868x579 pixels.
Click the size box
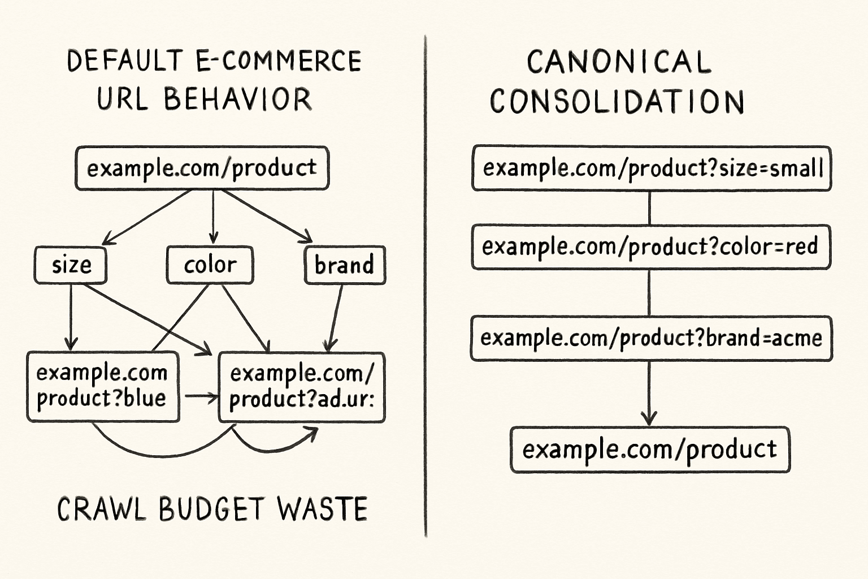(x=71, y=265)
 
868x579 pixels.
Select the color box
(x=210, y=265)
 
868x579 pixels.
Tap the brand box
(x=345, y=265)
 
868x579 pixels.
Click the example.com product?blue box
(x=103, y=387)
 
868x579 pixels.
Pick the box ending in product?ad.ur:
(x=302, y=387)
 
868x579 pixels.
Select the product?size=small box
(x=652, y=168)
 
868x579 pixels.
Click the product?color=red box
(x=651, y=247)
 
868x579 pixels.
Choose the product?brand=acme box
(x=652, y=339)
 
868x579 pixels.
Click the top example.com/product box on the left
(x=202, y=168)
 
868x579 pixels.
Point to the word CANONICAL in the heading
(x=619, y=62)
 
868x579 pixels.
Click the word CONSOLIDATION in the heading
(x=617, y=101)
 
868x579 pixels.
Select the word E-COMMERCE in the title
(x=279, y=61)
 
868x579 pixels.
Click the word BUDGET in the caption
(x=212, y=509)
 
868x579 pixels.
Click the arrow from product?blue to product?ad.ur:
(x=202, y=397)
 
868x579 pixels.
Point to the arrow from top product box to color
(x=213, y=217)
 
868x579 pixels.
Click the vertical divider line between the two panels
(x=426, y=286)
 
